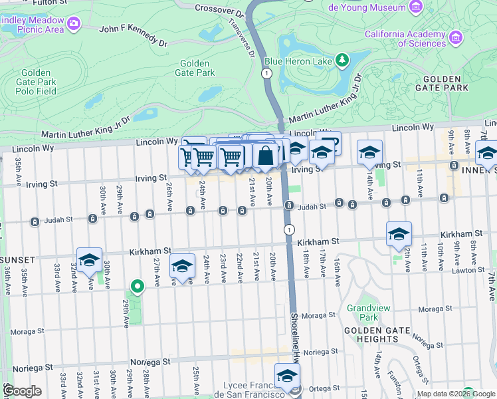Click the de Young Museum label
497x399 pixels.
point(367,7)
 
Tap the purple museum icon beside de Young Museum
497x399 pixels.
point(416,7)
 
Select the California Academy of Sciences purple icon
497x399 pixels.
point(455,38)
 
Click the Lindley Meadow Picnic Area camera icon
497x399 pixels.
point(74,25)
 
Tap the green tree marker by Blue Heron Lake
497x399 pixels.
point(342,61)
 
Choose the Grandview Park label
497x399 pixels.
point(363,313)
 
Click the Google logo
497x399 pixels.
point(22,391)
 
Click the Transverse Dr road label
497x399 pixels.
point(241,37)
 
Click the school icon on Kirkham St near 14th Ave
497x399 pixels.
point(399,234)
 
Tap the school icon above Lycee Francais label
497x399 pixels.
point(287,376)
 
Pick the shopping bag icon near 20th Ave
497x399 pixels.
point(265,156)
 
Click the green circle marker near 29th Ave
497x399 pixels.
point(138,287)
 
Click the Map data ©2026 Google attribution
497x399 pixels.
point(456,394)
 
